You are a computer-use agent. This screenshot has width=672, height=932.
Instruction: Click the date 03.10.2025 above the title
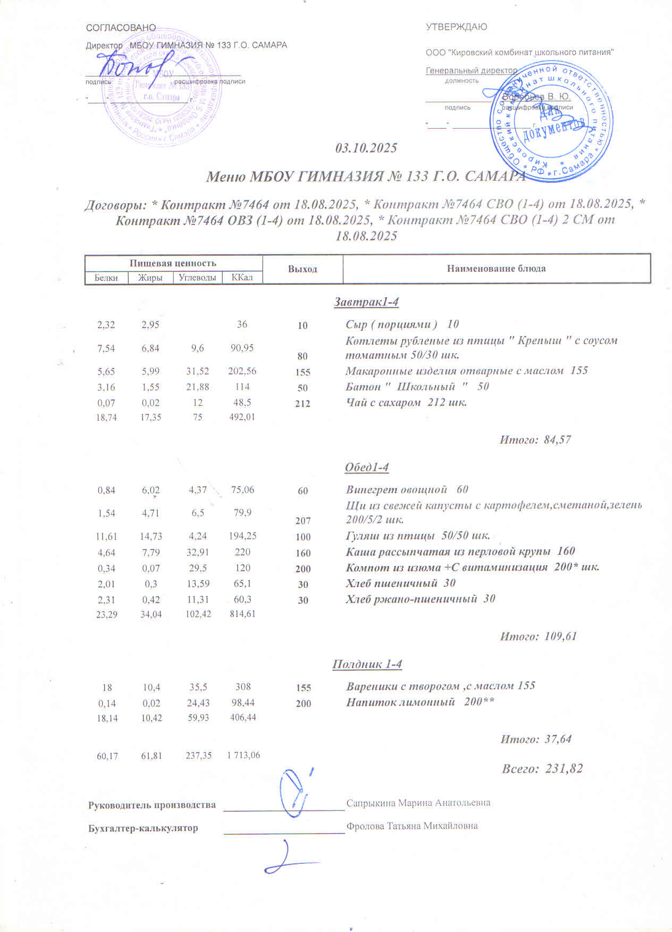click(366, 148)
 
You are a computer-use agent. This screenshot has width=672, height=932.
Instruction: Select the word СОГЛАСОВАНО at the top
click(121, 28)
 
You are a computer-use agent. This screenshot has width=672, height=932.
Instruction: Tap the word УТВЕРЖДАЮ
click(456, 27)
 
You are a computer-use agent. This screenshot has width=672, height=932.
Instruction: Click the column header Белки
click(106, 278)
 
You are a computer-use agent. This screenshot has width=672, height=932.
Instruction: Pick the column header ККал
click(242, 278)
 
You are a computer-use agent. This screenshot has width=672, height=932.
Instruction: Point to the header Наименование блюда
click(496, 269)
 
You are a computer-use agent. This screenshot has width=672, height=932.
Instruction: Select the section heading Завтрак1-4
click(366, 302)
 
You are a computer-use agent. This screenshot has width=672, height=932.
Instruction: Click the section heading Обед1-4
click(367, 468)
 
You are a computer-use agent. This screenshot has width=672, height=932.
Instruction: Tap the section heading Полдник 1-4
click(367, 664)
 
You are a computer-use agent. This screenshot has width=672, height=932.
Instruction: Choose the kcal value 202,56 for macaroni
click(242, 371)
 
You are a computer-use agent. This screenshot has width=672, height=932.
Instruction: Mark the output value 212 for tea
click(303, 404)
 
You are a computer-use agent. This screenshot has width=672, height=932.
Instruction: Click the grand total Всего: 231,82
click(542, 769)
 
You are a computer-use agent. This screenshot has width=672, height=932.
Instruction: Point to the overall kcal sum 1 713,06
click(243, 755)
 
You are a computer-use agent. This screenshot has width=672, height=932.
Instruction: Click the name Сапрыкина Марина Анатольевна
click(418, 803)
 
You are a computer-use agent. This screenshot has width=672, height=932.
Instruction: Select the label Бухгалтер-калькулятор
click(143, 828)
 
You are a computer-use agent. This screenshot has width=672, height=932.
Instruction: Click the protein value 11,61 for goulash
click(107, 537)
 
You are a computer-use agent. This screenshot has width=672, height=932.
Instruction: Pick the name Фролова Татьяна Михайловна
click(411, 826)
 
